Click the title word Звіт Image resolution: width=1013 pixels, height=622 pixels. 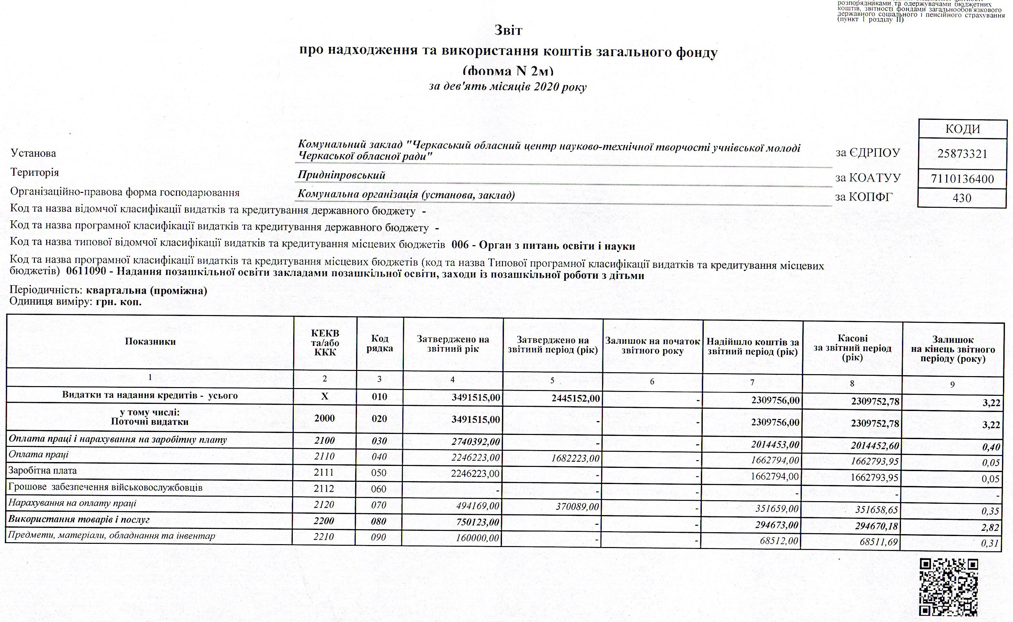[x=508, y=30]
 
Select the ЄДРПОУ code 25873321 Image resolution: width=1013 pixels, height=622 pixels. [x=962, y=154]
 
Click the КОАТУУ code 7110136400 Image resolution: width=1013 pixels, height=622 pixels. [x=962, y=179]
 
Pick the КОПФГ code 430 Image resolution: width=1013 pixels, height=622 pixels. [x=962, y=198]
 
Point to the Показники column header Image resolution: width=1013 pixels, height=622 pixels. [x=150, y=342]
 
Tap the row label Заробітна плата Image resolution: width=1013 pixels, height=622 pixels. [x=42, y=470]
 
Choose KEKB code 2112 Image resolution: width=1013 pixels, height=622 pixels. [x=324, y=489]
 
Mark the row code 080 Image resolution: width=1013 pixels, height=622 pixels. [x=379, y=521]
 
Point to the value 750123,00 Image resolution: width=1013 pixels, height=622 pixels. [x=478, y=522]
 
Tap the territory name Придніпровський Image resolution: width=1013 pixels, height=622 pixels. [x=341, y=175]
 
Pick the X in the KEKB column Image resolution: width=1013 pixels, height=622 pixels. [x=324, y=396]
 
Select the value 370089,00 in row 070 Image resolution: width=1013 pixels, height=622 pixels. [x=577, y=506]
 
